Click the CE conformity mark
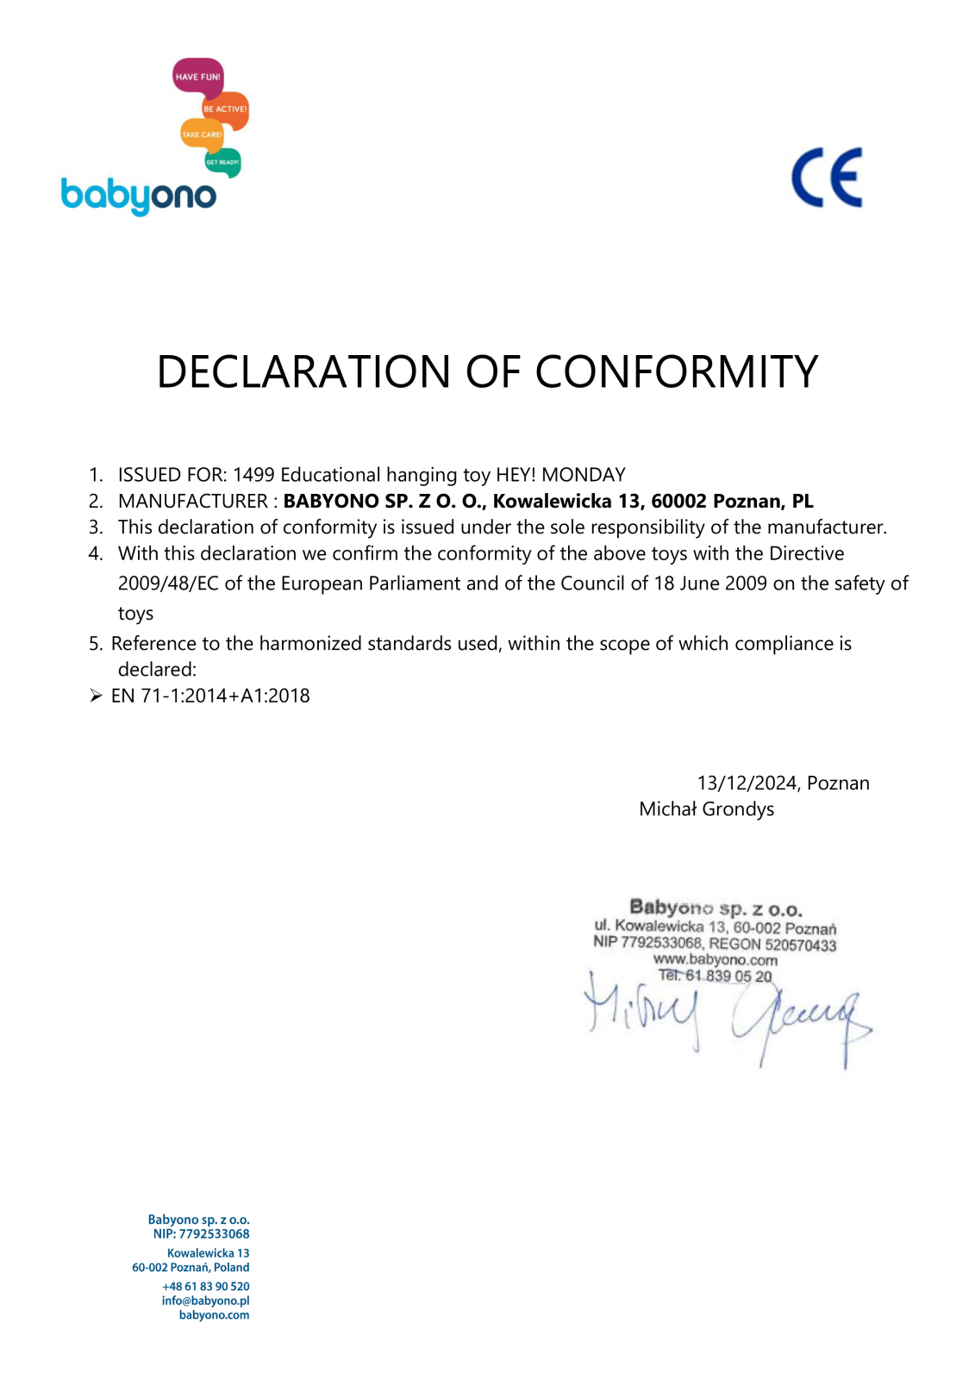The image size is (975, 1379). click(827, 178)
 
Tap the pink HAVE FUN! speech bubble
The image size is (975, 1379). click(197, 77)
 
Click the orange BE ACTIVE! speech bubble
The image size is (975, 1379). click(226, 109)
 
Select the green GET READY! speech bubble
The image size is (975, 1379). click(222, 162)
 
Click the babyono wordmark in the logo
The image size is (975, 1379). click(138, 196)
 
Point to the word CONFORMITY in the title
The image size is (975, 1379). click(676, 372)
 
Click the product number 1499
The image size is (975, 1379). click(253, 475)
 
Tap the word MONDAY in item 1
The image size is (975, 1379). click(583, 475)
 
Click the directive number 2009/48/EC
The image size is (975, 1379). click(168, 583)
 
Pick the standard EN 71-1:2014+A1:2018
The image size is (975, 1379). click(210, 696)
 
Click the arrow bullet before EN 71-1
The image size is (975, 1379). click(96, 696)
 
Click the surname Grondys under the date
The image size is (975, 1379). click(738, 809)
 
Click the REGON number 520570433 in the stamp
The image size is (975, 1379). click(800, 945)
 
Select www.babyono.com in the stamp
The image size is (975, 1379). click(715, 960)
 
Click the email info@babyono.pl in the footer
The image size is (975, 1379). click(205, 1301)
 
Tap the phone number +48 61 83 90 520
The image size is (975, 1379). click(206, 1286)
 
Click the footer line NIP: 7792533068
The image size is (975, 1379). click(201, 1234)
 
